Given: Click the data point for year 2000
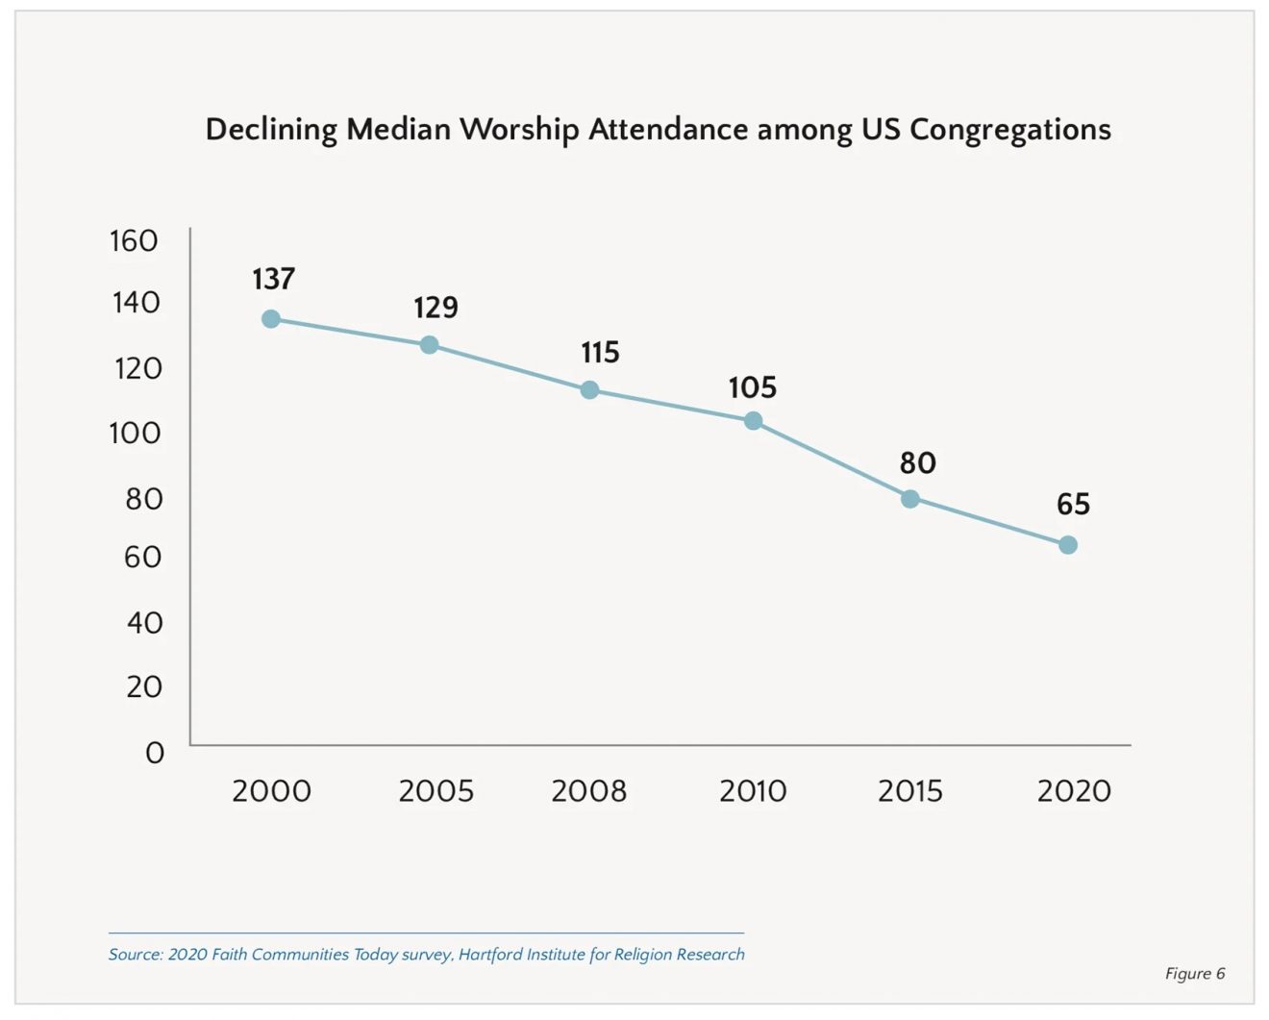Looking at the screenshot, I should point(271,319).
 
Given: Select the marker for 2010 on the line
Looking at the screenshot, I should point(754,421).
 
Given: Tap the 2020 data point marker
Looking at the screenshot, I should point(1068,545).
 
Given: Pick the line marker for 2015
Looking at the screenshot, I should point(910,499).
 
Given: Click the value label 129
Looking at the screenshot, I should point(435,308).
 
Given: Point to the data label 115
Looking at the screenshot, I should point(600,353).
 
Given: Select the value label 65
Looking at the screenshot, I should point(1073,505).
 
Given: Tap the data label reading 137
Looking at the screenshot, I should point(273,279).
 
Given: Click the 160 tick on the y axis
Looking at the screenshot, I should point(134,240).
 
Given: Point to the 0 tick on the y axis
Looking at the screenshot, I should point(155,753).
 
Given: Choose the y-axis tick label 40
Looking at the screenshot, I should point(144,623).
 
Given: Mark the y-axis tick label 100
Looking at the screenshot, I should point(135,433).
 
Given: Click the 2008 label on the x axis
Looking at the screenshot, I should point(588,791).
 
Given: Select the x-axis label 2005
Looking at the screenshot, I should point(435,791).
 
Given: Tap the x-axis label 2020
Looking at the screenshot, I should point(1074,791).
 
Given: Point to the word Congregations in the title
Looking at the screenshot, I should point(1009,130).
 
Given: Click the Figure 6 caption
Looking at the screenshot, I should point(1195,974).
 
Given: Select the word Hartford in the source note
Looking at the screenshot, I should point(490,955).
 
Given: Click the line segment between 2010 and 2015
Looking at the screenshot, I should point(832,460).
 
